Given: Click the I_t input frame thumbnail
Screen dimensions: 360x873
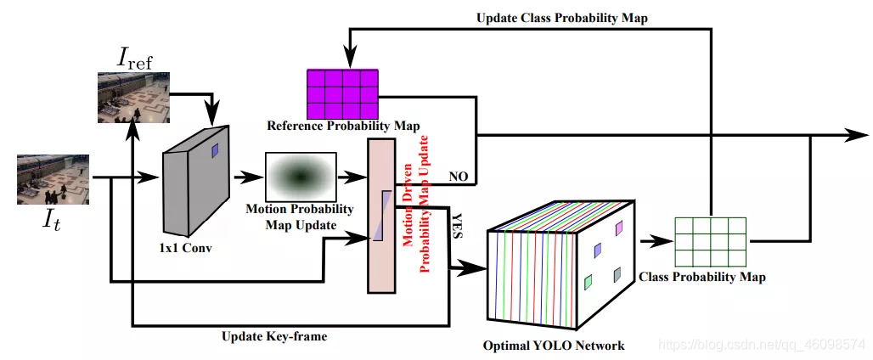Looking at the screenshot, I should click(54, 179).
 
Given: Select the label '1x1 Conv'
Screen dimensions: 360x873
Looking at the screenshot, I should click(185, 249).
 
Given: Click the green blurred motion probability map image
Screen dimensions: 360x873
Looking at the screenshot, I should click(301, 176).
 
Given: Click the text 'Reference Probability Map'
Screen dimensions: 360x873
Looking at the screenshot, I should click(343, 126).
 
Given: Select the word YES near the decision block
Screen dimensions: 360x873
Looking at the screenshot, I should click(456, 223).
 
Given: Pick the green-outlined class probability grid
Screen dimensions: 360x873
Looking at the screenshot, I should click(710, 241).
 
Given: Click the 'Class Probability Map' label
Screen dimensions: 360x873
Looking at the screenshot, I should click(701, 278).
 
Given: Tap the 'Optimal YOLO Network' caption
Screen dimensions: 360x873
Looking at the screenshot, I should click(554, 346).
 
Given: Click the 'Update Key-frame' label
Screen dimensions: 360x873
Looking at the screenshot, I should click(274, 337).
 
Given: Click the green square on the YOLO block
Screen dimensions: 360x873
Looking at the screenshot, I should click(588, 281).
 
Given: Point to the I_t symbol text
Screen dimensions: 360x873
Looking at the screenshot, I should click(54, 222).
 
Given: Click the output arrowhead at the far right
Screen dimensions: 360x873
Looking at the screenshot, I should click(858, 134).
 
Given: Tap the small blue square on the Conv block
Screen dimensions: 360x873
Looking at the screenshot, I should click(215, 150).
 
